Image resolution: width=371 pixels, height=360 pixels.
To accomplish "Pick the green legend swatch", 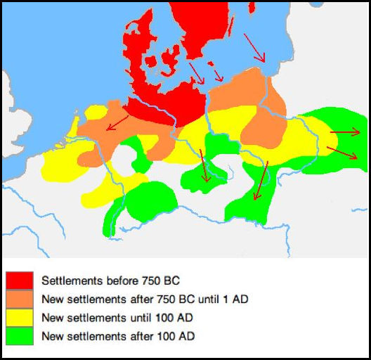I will click(x=20, y=336).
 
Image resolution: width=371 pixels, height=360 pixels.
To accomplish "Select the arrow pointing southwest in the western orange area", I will click(x=117, y=124).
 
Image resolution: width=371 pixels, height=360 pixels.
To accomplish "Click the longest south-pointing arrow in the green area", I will click(x=260, y=182).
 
